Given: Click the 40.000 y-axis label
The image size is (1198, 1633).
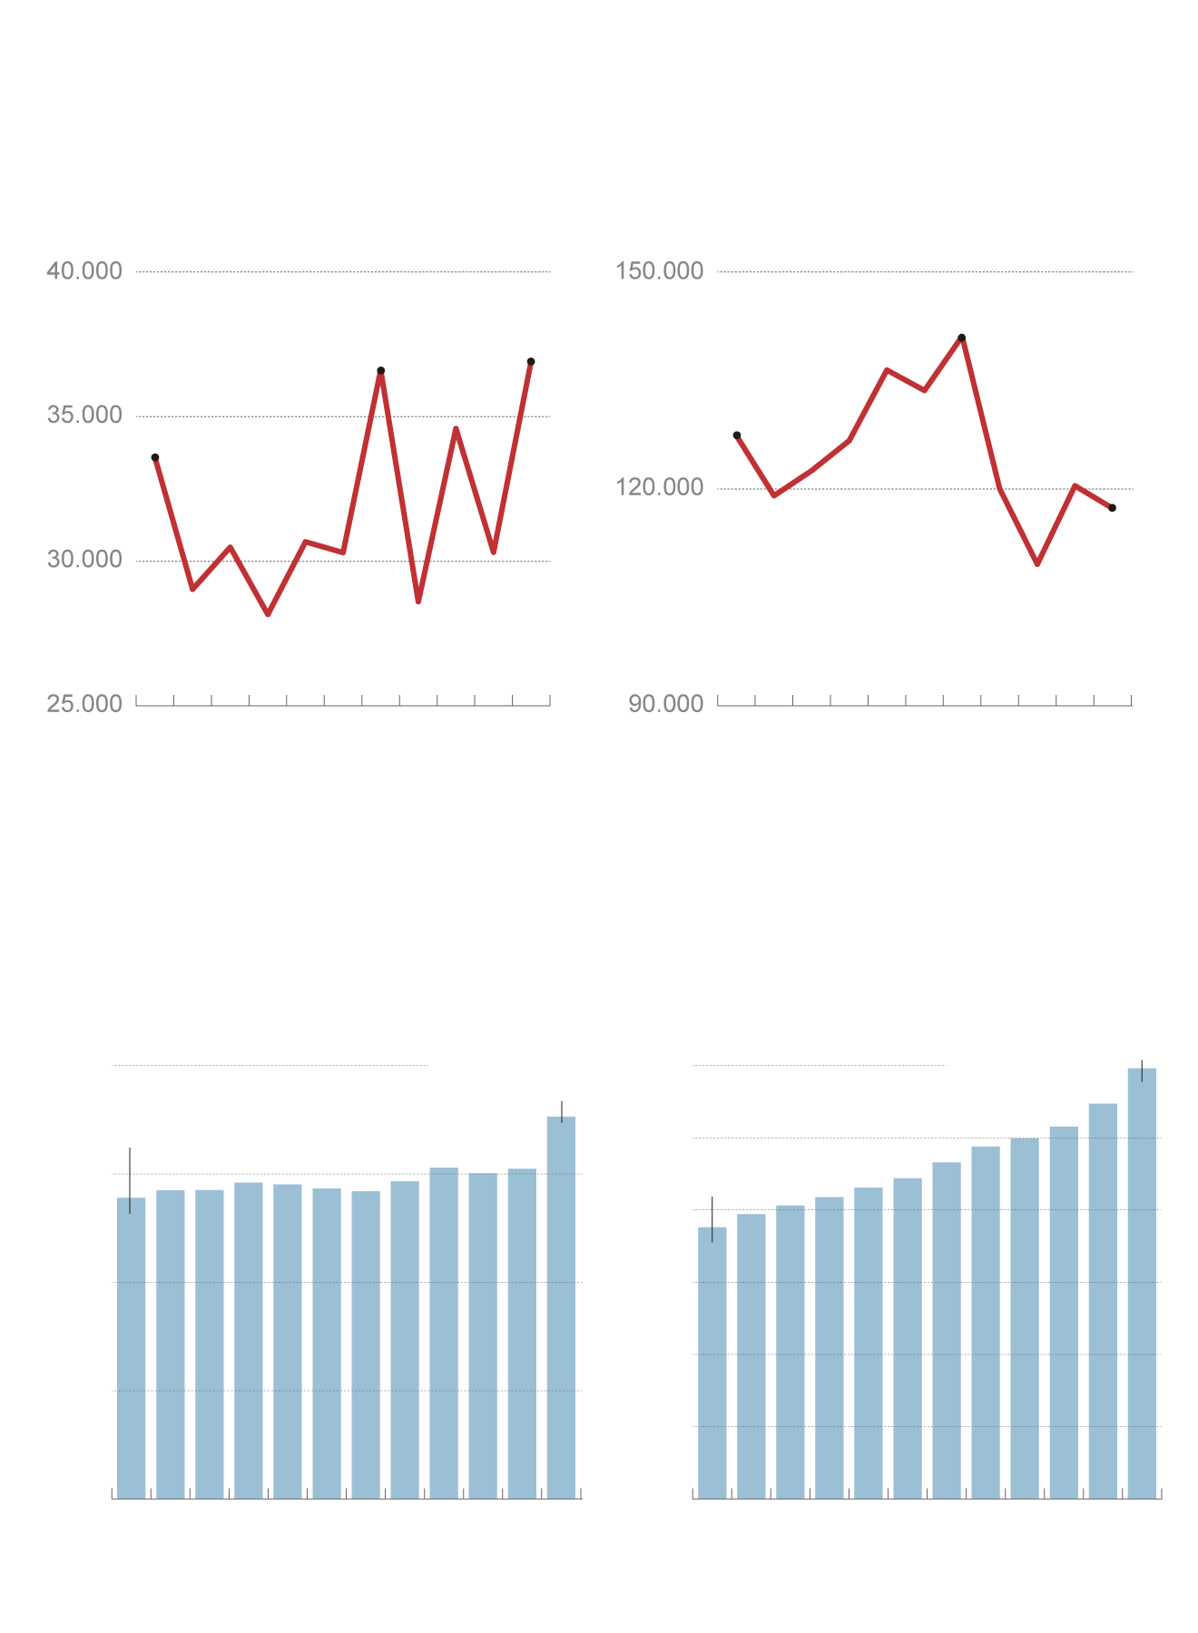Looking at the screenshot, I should click(x=84, y=271).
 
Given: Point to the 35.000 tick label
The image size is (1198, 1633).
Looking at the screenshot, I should click(x=84, y=416).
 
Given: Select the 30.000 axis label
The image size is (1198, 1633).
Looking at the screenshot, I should click(x=84, y=560).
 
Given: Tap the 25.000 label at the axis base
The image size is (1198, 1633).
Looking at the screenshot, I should click(x=84, y=704).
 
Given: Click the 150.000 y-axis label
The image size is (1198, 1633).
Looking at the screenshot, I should click(x=660, y=271).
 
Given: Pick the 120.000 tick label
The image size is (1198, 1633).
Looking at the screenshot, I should click(x=660, y=488).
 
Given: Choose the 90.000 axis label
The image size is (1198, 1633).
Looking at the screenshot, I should click(x=666, y=704).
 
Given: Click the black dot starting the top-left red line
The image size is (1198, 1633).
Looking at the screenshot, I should click(x=155, y=457).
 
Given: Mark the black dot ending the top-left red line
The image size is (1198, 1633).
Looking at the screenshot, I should click(x=531, y=362).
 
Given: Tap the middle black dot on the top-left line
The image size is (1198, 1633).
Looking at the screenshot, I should click(x=381, y=370).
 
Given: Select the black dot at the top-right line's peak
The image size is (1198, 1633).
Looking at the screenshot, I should click(x=962, y=337).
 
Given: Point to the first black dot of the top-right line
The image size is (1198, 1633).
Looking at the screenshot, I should click(x=737, y=435).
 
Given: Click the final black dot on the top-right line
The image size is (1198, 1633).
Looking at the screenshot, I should click(x=1113, y=508).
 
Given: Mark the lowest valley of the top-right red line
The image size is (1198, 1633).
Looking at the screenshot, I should click(x=1037, y=564).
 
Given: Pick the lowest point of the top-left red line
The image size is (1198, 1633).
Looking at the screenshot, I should click(x=268, y=614).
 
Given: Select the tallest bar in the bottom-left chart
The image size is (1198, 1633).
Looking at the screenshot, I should click(x=561, y=1306).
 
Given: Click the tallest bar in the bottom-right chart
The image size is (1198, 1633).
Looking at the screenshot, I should click(x=1142, y=1283).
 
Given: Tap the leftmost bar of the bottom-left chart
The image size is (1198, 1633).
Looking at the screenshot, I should click(x=131, y=1347).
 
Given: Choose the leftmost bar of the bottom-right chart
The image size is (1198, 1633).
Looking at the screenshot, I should click(x=712, y=1362).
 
